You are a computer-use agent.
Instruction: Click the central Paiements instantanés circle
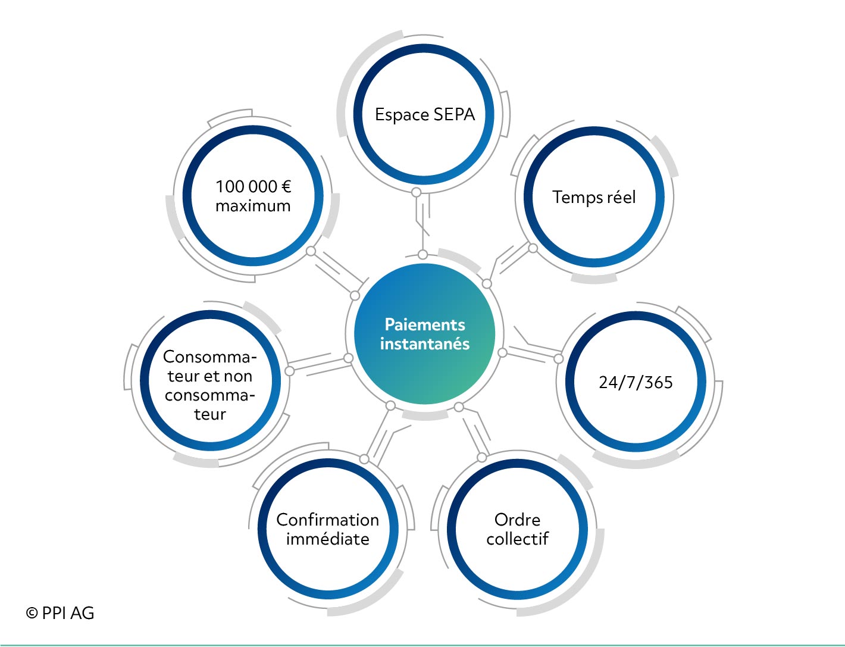[x=425, y=334]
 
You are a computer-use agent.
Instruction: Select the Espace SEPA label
[x=425, y=115]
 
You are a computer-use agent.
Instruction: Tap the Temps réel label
[x=594, y=197]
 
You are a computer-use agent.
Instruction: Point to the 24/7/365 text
[x=636, y=383]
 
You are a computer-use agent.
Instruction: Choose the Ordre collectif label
[x=518, y=529]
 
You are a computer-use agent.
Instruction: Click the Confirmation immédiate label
[x=328, y=529]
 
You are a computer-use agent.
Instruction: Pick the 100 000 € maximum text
[x=253, y=196]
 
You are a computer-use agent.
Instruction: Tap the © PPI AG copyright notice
[x=60, y=613]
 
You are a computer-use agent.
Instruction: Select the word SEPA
[x=454, y=115]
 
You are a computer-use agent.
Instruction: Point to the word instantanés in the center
[x=425, y=343]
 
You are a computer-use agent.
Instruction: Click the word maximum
[x=253, y=206]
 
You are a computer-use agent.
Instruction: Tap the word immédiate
[x=328, y=539]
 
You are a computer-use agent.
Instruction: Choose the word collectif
[x=518, y=539]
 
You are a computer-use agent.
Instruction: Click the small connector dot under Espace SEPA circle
[x=417, y=192]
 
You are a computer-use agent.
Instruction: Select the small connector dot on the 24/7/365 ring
[x=558, y=359]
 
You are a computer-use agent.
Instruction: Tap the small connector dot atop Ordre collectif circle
[x=482, y=457]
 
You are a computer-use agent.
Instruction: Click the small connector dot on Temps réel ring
[x=533, y=248]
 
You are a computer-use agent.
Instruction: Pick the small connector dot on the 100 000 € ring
[x=311, y=251]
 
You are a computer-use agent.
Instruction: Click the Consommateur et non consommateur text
[x=210, y=386]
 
